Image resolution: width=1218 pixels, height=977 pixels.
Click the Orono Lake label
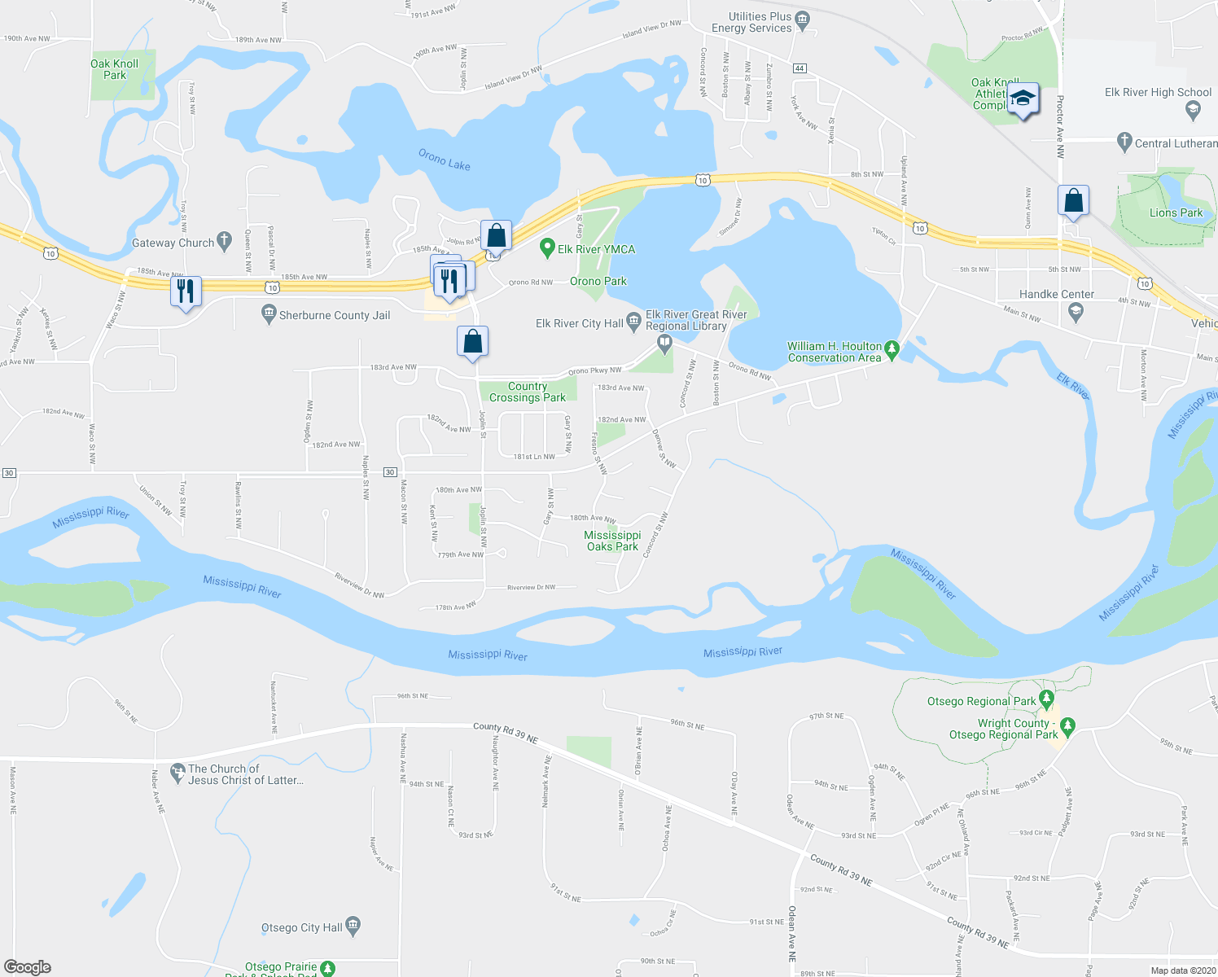pos(444,160)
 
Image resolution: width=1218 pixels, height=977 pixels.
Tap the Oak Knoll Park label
pos(114,69)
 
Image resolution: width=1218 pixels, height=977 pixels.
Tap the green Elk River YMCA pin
pos(548,248)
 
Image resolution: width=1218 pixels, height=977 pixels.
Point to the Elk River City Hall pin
pos(633,322)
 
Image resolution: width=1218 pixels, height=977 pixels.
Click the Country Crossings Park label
pos(528,392)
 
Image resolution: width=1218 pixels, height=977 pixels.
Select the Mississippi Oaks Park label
pos(612,541)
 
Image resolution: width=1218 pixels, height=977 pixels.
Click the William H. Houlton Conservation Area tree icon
pos(892,350)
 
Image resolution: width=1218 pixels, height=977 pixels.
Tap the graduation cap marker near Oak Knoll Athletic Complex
pos(1023,99)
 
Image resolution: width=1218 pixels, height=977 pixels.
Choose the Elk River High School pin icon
pos(1193,109)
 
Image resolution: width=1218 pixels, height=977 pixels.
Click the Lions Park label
pos(1175,212)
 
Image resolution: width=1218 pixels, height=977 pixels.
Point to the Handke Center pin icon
pos(1076,309)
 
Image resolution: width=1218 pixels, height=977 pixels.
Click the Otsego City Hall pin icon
pos(353,926)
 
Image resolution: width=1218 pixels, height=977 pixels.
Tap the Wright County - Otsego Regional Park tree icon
pos(1068,725)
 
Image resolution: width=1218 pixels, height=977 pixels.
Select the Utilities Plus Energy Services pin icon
pos(802,20)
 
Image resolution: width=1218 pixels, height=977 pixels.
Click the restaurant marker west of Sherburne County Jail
pos(186,291)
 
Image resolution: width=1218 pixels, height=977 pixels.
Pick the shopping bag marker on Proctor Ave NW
pos(1073,200)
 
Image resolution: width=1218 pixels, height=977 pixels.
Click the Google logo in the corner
pos(28,966)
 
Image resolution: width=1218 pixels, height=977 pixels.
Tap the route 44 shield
pos(800,68)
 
